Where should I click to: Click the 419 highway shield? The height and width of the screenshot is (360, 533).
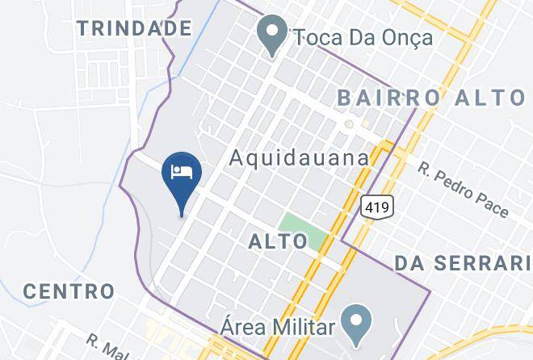tap(377, 207)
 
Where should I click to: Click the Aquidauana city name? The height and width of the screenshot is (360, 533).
tap(299, 157)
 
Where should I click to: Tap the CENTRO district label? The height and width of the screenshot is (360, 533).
tap(68, 291)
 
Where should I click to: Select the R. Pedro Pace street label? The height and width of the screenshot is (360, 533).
tap(464, 190)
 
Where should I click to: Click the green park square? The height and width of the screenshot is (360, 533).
tap(303, 227)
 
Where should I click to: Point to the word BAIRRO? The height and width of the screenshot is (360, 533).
tap(388, 98)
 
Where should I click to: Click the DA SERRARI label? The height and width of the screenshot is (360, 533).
tap(463, 263)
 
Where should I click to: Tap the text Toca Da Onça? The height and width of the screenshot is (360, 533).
tap(352, 37)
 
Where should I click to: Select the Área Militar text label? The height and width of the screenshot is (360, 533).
tap(278, 328)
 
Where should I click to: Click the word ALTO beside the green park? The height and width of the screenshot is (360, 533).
tap(278, 241)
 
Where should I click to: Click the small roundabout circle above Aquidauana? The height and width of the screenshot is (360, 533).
tap(349, 125)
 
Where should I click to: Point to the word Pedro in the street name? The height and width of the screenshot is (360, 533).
tap(462, 189)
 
